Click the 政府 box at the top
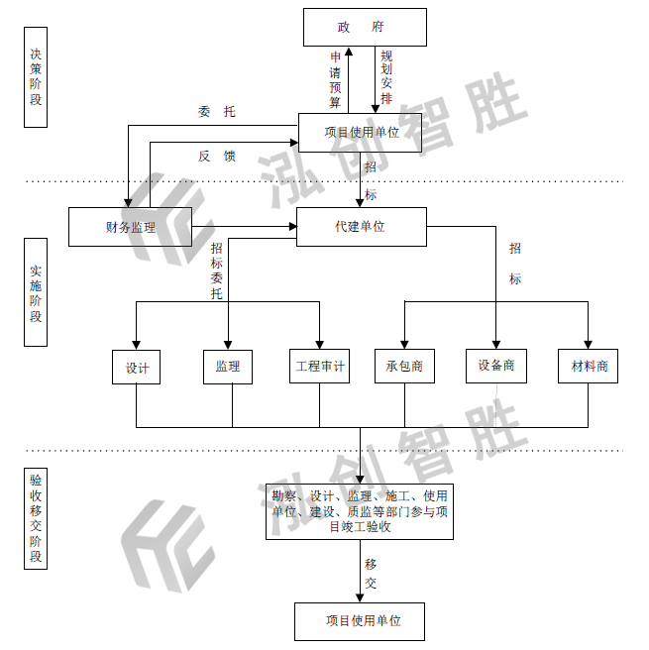tap(364, 27)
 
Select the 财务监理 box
tap(129, 227)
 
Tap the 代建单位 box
tap(361, 227)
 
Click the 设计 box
tap(137, 367)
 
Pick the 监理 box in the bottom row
tap(227, 367)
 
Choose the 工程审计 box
tap(320, 367)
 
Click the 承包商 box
tap(404, 367)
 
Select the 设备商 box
tap(496, 366)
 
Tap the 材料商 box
tap(589, 367)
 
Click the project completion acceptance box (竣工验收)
tap(360, 511)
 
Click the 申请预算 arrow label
tap(336, 79)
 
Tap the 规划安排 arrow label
tap(386, 77)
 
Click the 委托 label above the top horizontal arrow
tap(216, 112)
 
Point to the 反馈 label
tap(216, 156)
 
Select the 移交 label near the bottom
tap(370, 575)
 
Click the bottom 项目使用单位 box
tap(361, 621)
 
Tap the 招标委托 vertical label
tap(217, 271)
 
